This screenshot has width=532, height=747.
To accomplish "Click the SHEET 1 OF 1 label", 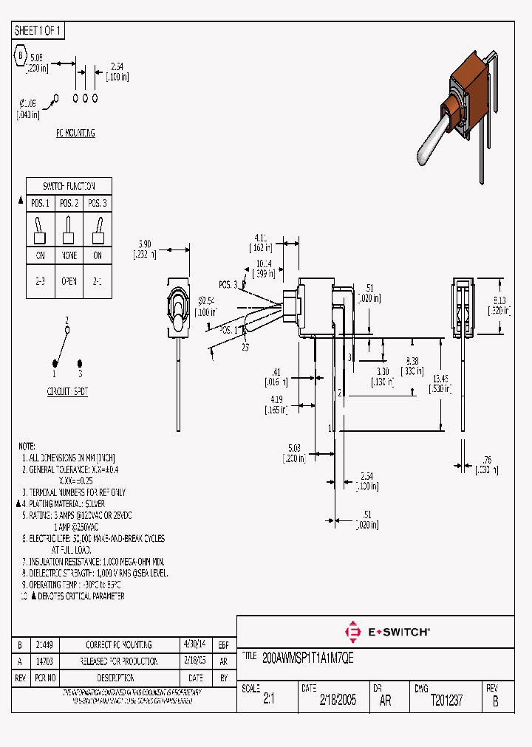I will (38, 31).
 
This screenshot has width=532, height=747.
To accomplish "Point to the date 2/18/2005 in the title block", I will (338, 701).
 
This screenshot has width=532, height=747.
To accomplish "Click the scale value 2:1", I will (268, 701).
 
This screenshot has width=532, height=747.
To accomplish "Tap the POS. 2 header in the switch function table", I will (69, 203).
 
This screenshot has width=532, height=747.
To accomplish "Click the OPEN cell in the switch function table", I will (69, 281).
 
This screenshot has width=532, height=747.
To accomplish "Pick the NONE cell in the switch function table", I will (69, 255).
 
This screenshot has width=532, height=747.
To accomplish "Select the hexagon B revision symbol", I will (21, 55).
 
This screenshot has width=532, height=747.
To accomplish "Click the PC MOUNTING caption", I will (75, 134).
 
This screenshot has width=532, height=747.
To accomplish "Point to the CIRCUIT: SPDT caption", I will (67, 392).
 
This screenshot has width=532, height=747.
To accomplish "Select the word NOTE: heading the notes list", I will (27, 447).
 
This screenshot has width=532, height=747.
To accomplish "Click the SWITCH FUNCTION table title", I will (69, 186).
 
